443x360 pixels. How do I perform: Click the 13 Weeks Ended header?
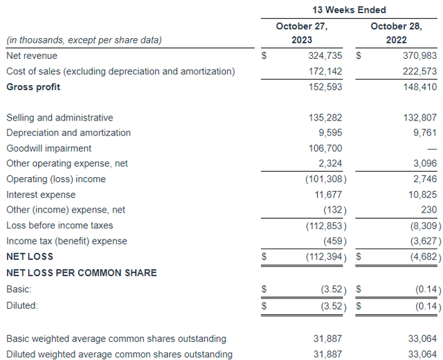[x=349, y=10]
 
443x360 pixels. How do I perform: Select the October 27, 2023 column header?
[x=302, y=33]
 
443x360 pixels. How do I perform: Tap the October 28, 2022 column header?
[x=396, y=33]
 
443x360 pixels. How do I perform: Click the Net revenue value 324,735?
[x=325, y=55]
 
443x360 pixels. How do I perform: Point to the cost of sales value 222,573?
[x=419, y=71]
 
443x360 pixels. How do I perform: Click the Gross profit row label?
[x=33, y=87]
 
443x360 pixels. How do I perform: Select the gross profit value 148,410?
[x=419, y=87]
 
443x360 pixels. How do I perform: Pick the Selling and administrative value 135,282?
[x=325, y=118]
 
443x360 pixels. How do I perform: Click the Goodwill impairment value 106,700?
[x=325, y=148]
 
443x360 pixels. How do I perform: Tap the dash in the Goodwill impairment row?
[x=432, y=149]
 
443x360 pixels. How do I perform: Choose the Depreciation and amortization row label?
[x=69, y=133]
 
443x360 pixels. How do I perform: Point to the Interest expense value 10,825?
[x=422, y=195]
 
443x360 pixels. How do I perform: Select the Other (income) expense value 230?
[x=429, y=210]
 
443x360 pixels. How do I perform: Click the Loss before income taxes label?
[x=60, y=225]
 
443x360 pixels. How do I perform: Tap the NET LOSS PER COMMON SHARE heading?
[x=82, y=273]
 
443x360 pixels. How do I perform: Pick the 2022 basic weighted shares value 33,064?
[x=422, y=339]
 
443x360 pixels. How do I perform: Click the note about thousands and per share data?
[x=84, y=40]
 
